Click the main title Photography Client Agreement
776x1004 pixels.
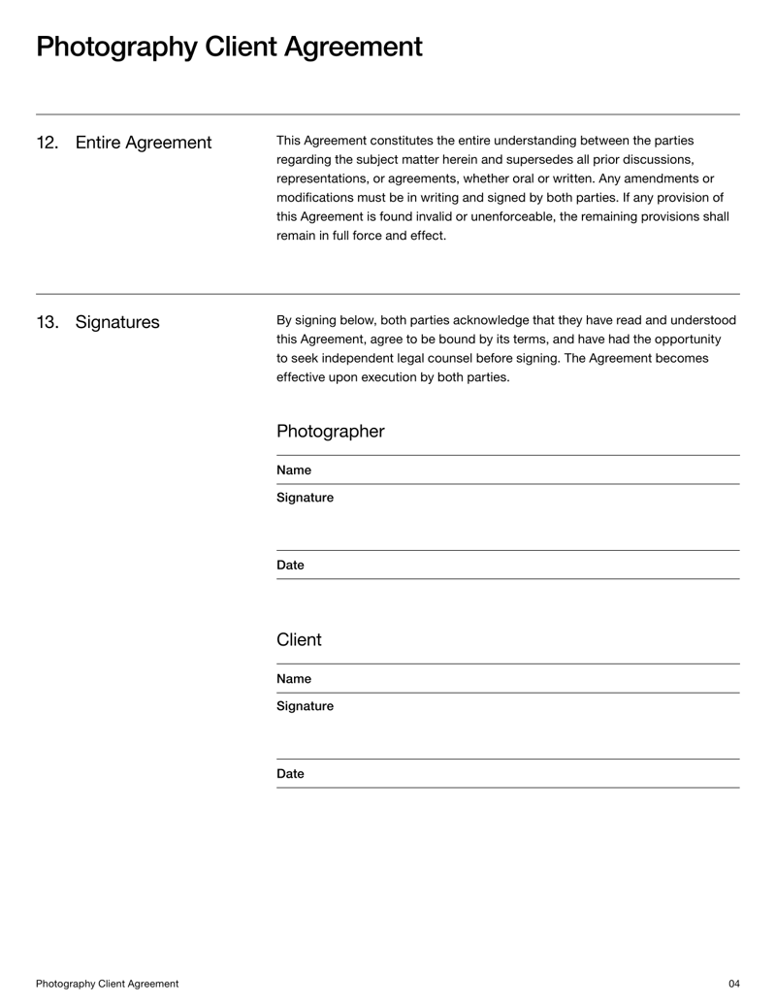coord(229,47)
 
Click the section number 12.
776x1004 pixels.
coord(47,144)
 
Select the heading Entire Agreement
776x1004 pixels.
coord(143,144)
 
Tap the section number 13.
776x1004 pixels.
coord(47,323)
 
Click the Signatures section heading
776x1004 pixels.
coord(116,323)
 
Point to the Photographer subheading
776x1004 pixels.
coord(330,432)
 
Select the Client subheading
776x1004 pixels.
coord(299,640)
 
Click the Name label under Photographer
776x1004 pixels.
coord(294,470)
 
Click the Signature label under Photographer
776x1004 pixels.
coord(305,498)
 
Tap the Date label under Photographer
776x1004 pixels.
coord(290,566)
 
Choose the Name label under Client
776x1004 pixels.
coord(294,679)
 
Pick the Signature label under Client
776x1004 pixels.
coord(305,706)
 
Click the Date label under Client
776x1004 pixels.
coord(290,774)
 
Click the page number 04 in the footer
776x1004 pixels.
coord(733,984)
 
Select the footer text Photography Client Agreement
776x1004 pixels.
coord(107,984)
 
